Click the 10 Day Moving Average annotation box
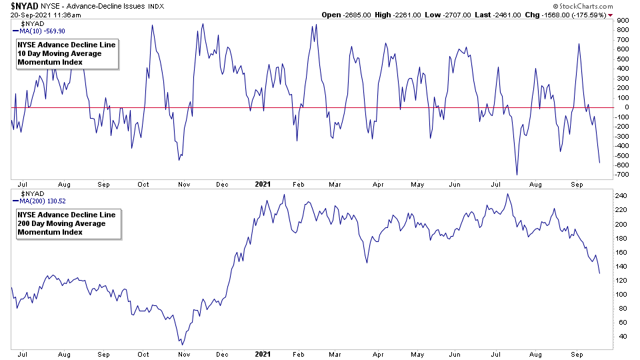tap(66, 53)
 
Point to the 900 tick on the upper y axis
tap(623, 21)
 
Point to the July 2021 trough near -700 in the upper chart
tap(517, 175)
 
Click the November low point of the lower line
tap(181, 343)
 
